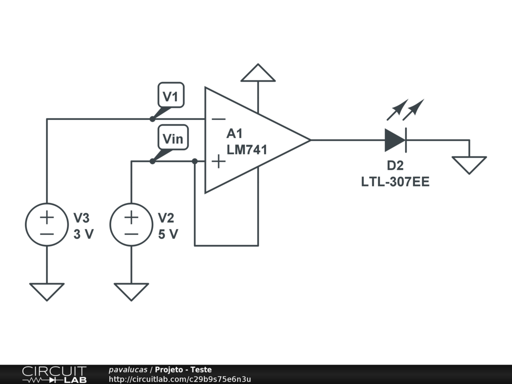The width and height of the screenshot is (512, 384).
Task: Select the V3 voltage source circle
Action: click(x=46, y=224)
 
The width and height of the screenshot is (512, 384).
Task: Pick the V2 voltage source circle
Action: click(x=131, y=224)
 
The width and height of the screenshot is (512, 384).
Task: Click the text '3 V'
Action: click(x=83, y=234)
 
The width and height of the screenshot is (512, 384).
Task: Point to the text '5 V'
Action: click(x=168, y=234)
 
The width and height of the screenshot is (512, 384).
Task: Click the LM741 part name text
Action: click(x=247, y=149)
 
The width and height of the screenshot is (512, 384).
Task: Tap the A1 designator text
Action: click(x=234, y=133)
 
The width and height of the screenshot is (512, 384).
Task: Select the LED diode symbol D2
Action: click(x=395, y=140)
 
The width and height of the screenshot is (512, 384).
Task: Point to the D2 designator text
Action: click(x=395, y=166)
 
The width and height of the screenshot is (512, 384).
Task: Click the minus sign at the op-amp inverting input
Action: click(x=218, y=119)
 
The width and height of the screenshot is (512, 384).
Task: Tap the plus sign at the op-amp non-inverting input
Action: click(x=218, y=161)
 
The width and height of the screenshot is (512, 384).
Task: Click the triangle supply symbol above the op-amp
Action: click(x=258, y=73)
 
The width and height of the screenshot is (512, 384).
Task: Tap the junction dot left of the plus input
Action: click(x=195, y=161)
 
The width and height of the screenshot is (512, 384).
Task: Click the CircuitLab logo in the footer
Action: click(x=54, y=374)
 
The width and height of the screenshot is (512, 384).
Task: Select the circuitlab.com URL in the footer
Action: click(x=179, y=379)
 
